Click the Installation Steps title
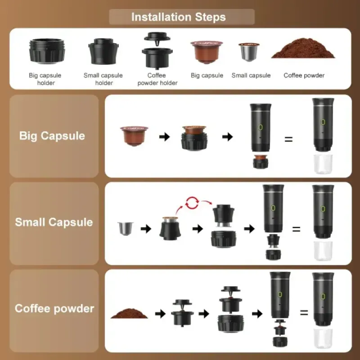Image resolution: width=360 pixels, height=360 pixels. click(x=179, y=17)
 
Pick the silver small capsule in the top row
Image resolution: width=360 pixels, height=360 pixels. click(x=249, y=53)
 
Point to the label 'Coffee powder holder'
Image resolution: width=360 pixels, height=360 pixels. click(x=157, y=79)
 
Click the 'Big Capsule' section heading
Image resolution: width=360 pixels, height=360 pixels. click(x=52, y=135)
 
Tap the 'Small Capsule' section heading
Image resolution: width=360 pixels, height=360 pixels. click(x=54, y=222)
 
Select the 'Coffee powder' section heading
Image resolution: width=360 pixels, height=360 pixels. click(x=54, y=309)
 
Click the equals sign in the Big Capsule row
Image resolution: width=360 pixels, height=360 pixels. click(x=288, y=139)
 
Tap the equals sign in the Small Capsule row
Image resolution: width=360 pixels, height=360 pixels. click(x=296, y=229)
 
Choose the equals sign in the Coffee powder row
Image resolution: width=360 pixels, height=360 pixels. click(x=304, y=312)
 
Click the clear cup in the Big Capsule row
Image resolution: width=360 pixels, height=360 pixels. click(x=323, y=165)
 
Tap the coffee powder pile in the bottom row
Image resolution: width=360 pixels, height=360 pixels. click(x=130, y=313)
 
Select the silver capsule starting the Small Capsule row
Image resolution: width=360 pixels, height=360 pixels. click(x=123, y=228)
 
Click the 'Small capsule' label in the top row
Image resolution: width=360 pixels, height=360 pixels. click(x=251, y=76)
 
